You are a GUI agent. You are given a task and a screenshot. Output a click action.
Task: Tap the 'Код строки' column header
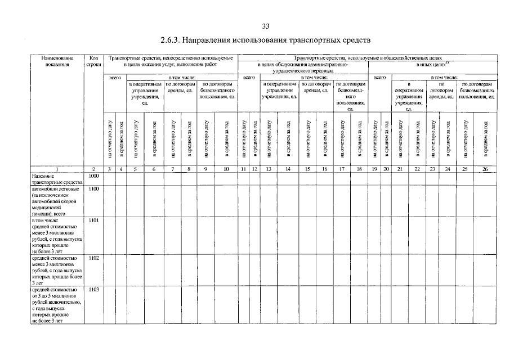pyautogui.click(x=93, y=61)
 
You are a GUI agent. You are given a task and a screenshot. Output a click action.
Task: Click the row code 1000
pyautogui.click(x=93, y=176)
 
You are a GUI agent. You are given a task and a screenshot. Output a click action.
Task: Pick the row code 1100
pyautogui.click(x=93, y=189)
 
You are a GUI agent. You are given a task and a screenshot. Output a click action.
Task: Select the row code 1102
pyautogui.click(x=93, y=257)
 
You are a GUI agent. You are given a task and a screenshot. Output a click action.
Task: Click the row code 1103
pyautogui.click(x=93, y=290)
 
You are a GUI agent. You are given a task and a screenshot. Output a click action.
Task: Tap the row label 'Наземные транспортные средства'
pyautogui.click(x=57, y=179)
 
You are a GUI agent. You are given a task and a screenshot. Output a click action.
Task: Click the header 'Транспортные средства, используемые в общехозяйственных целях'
pyautogui.click(x=368, y=58)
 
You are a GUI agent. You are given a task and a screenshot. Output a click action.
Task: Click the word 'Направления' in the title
pyautogui.click(x=211, y=42)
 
